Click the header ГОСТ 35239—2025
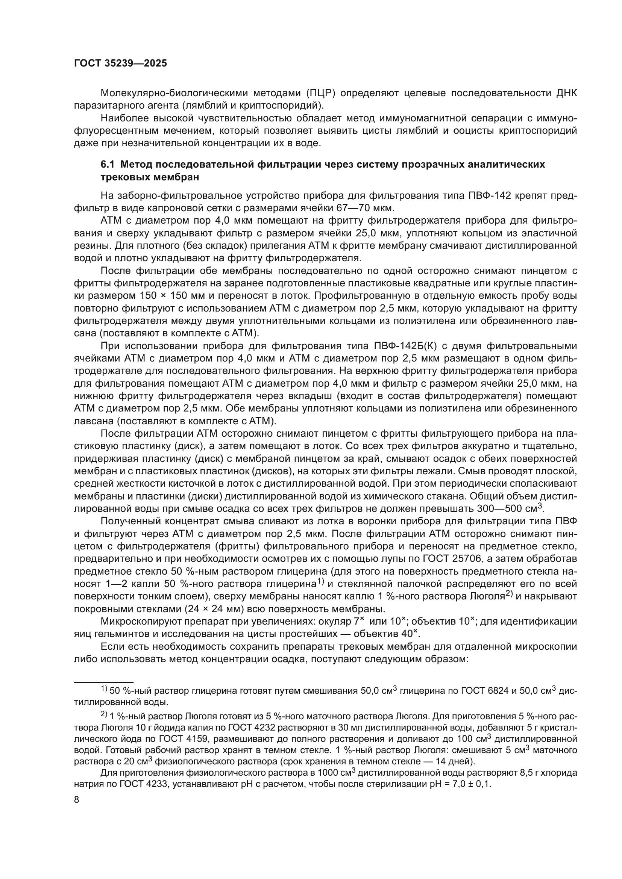[120, 64]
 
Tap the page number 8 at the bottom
[76, 800]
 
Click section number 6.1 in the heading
[107, 165]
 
